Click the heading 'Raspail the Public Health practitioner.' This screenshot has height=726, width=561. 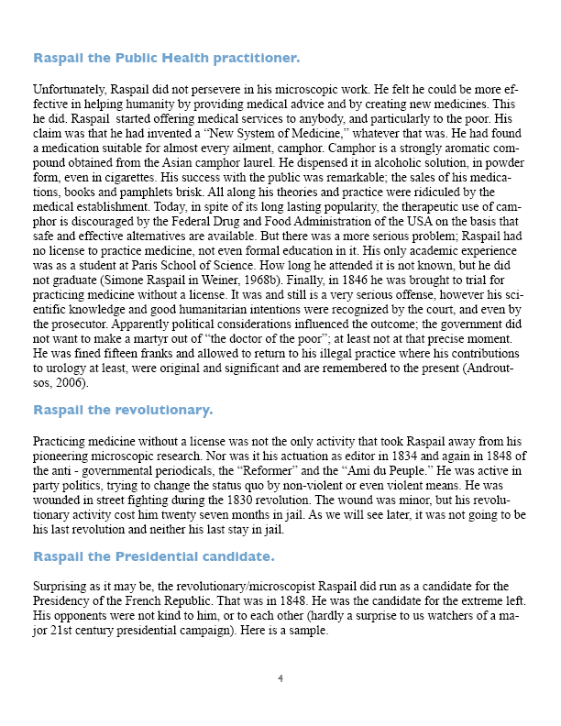(x=166, y=59)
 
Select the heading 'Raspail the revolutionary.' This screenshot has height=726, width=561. (x=123, y=409)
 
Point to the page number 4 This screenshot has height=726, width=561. (x=280, y=679)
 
